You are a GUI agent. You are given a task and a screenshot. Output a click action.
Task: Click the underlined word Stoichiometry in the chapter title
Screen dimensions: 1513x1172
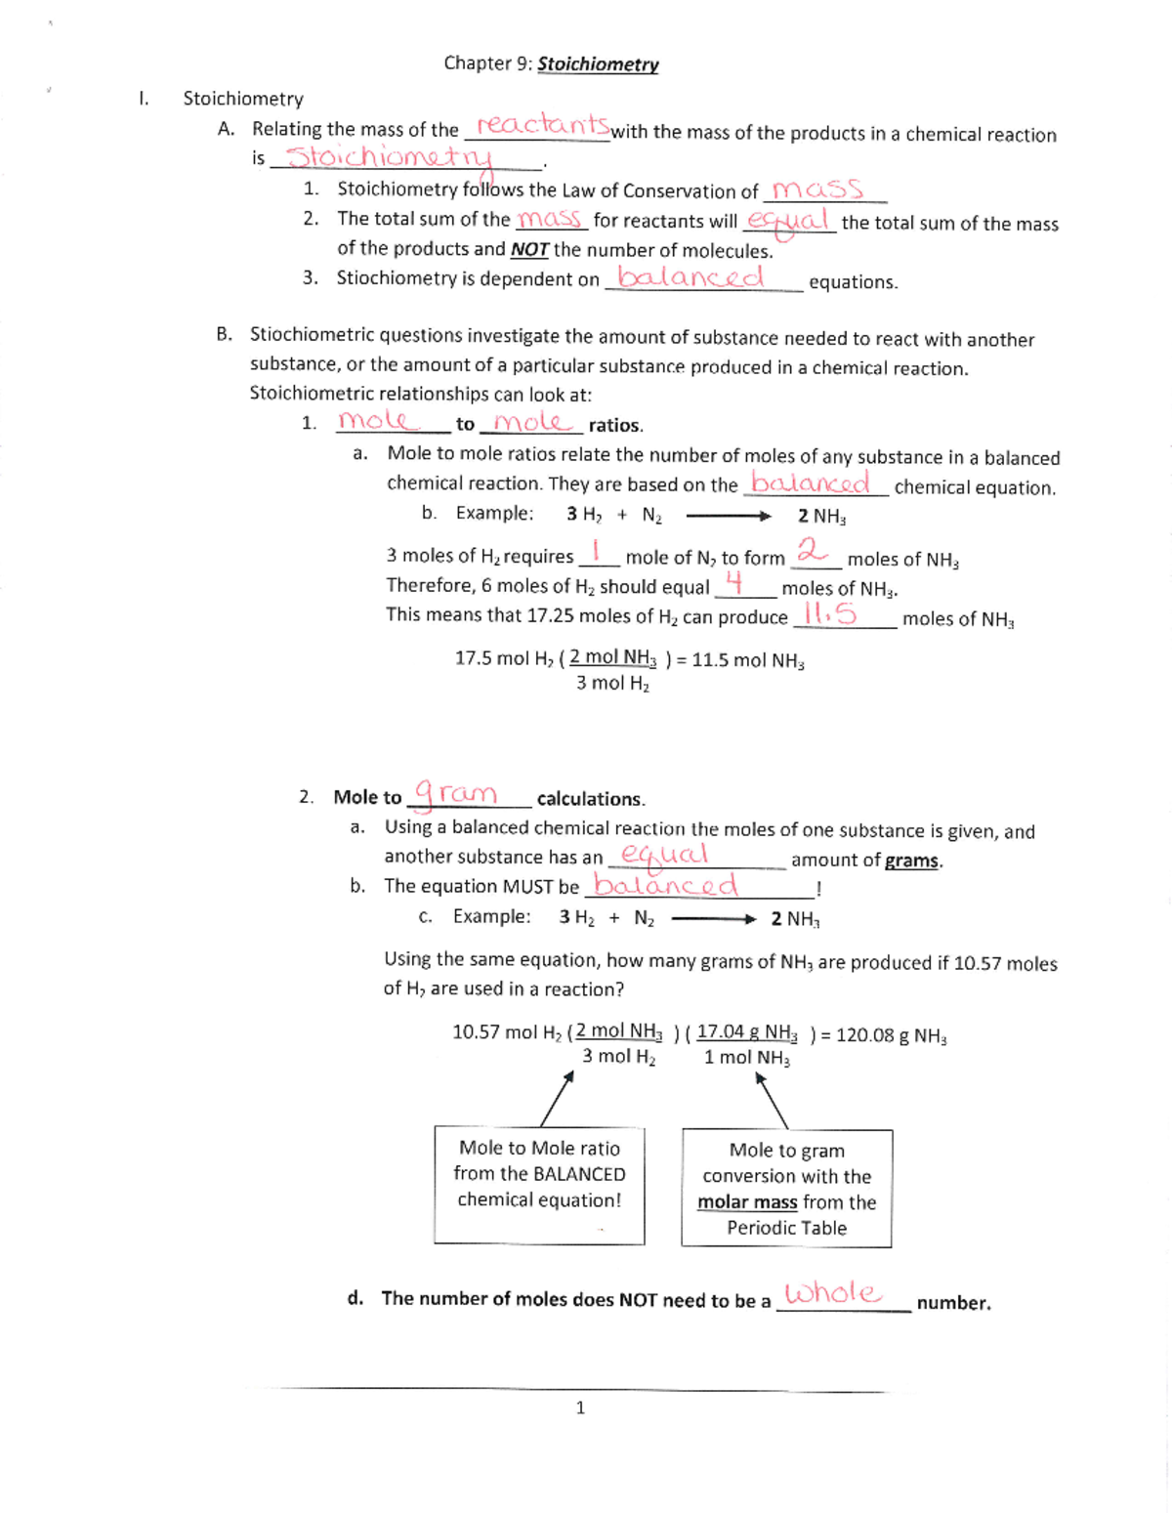click(x=598, y=64)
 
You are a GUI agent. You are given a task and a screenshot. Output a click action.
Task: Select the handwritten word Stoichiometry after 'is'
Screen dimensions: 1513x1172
click(x=391, y=157)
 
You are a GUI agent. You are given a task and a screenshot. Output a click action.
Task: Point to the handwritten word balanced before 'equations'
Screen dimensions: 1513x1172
click(x=691, y=278)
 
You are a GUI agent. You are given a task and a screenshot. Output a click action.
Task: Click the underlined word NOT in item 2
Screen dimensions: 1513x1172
click(x=529, y=250)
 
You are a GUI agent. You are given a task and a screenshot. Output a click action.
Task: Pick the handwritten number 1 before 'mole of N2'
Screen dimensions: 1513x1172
click(x=597, y=552)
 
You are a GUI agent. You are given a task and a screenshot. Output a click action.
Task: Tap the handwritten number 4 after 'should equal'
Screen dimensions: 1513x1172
click(x=735, y=583)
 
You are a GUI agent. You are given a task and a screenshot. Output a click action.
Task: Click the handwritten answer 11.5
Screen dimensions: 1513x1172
click(x=828, y=613)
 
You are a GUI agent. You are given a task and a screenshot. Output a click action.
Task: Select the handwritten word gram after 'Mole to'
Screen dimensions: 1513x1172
click(x=456, y=792)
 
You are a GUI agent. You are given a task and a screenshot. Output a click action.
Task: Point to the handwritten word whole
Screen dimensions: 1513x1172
click(x=833, y=1293)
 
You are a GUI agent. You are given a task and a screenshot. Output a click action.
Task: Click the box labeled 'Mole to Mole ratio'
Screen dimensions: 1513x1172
click(x=539, y=1185)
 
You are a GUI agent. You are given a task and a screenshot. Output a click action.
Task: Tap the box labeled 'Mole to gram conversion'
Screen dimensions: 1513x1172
click(x=786, y=1189)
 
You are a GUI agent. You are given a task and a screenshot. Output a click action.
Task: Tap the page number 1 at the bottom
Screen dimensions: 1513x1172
click(x=580, y=1408)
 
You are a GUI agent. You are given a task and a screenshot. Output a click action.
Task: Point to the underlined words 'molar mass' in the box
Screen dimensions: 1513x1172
click(x=747, y=1202)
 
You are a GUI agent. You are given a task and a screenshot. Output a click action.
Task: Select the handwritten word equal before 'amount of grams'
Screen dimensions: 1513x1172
click(x=664, y=854)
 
